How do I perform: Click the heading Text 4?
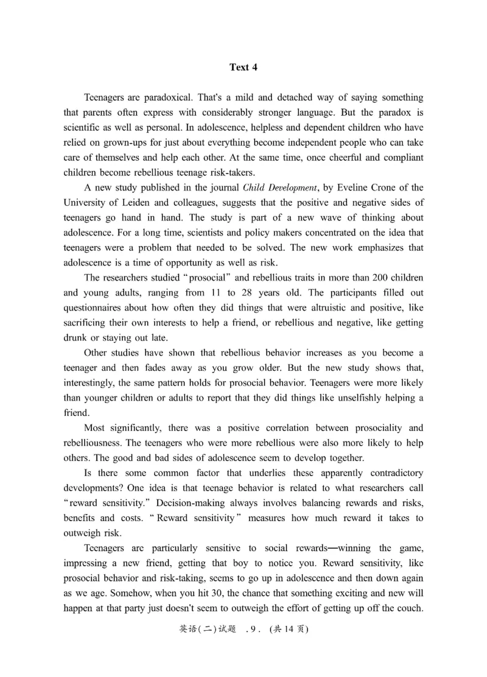coord(243,68)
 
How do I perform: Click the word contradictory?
coord(388,473)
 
